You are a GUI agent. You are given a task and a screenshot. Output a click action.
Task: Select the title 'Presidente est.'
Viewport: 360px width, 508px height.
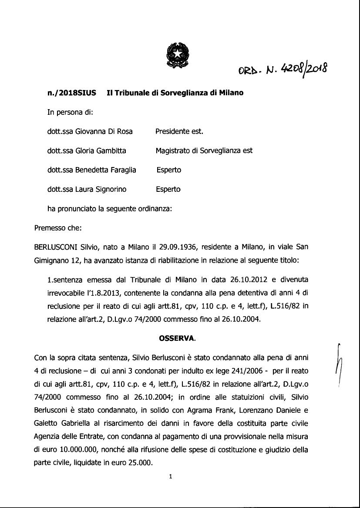179,131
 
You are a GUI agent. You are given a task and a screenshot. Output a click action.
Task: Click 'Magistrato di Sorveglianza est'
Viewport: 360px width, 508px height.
204,150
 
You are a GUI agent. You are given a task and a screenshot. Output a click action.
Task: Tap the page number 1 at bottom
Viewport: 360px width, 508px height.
171,476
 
